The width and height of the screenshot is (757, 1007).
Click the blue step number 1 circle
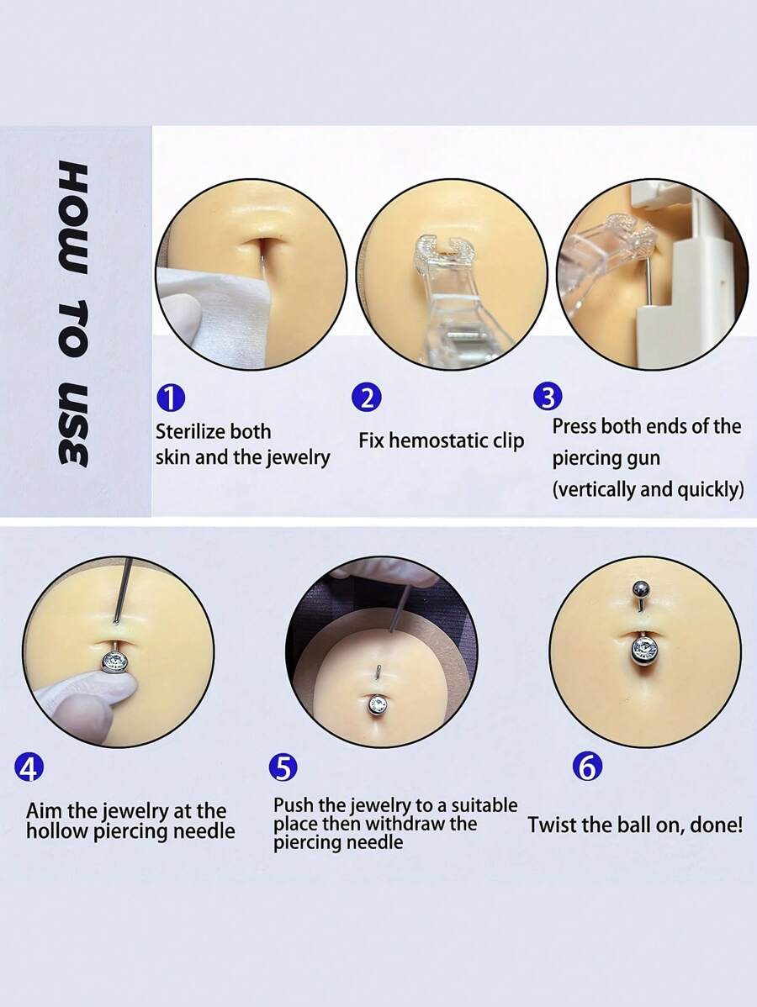tap(171, 397)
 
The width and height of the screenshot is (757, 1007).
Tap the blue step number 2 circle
tap(367, 397)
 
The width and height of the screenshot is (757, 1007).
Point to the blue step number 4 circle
tap(30, 767)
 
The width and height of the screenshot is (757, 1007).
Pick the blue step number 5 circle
tap(283, 767)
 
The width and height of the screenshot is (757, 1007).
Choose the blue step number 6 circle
tap(587, 767)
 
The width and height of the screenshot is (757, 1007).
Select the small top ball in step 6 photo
tap(640, 588)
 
